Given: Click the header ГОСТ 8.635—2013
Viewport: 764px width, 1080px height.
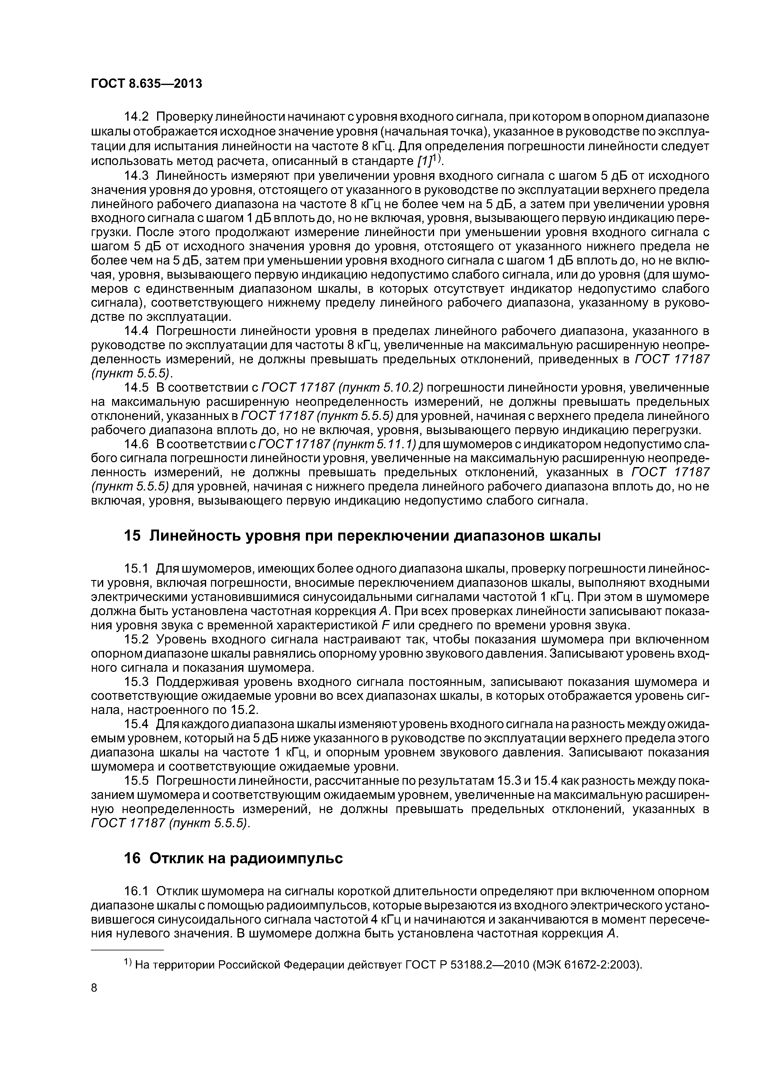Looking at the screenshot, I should pyautogui.click(x=146, y=84).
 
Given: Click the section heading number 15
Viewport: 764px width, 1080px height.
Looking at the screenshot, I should pyautogui.click(x=132, y=536).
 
